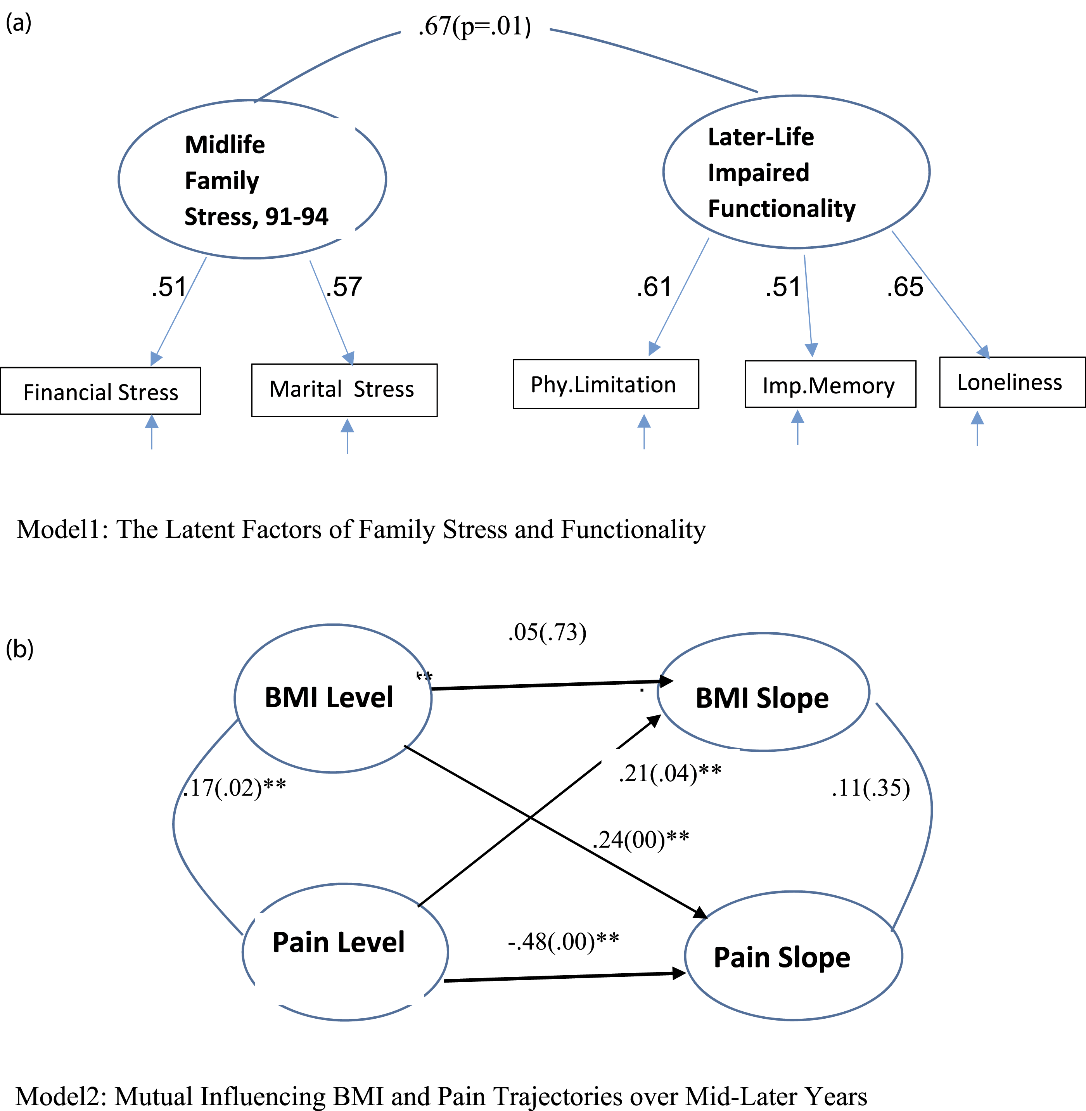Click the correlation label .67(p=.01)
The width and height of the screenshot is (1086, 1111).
[475, 26]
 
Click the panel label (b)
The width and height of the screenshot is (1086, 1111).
[19, 649]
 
